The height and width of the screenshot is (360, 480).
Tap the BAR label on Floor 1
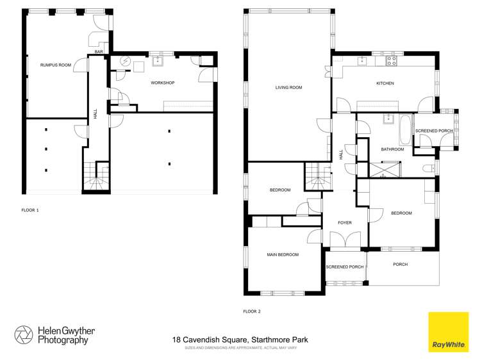(99, 51)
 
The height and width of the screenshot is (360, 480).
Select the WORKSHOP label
(162, 83)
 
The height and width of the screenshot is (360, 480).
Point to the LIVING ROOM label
(288, 87)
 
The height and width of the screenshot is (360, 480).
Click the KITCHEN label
(385, 83)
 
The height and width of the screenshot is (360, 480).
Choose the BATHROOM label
(392, 149)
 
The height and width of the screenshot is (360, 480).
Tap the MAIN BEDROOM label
(283, 255)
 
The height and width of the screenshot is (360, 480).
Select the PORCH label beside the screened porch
(400, 264)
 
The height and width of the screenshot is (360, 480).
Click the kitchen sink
(362, 61)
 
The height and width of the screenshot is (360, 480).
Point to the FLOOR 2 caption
(252, 311)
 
